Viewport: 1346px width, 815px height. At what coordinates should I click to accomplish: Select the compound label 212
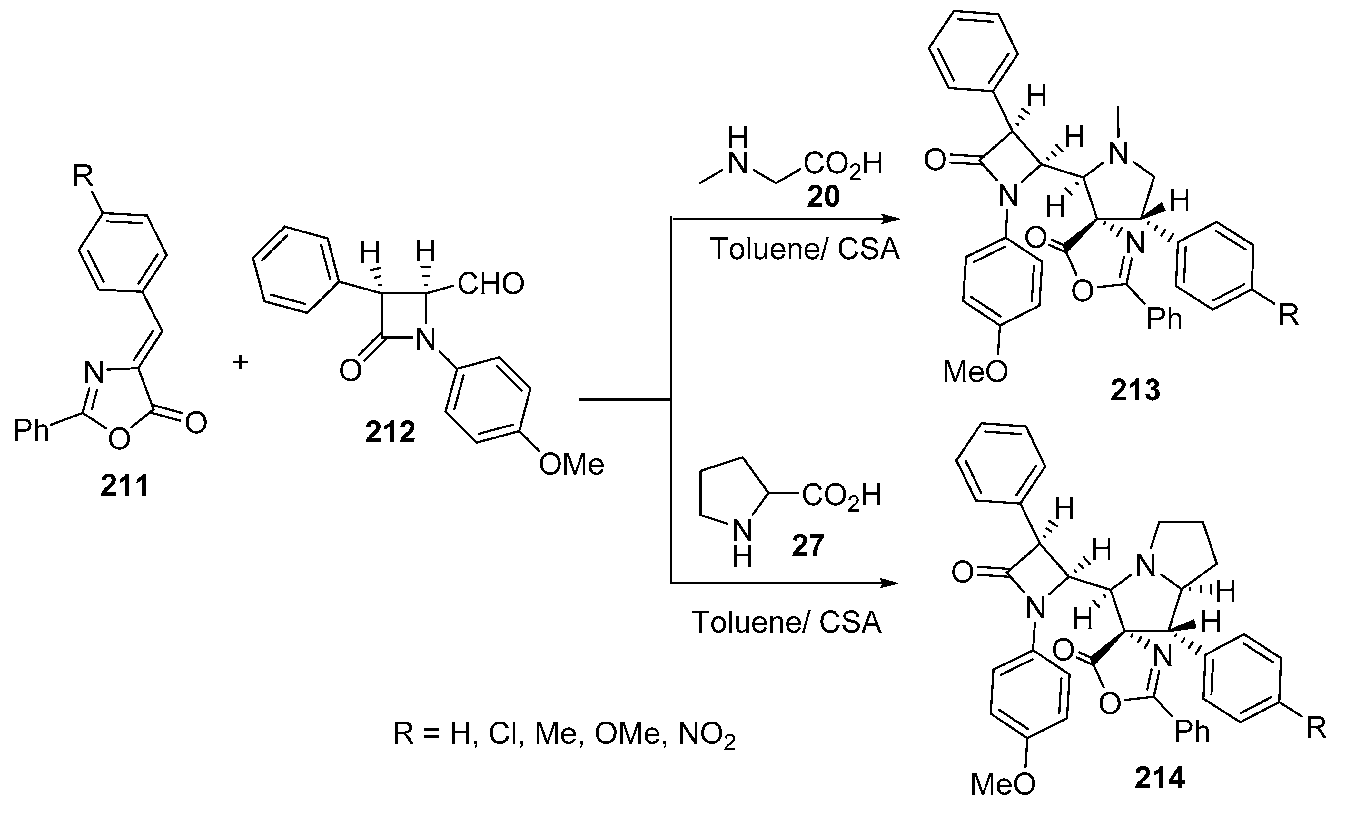tap(390, 432)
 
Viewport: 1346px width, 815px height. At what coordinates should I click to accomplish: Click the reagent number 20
tap(823, 197)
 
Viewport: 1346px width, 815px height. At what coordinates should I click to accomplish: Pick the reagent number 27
tap(807, 546)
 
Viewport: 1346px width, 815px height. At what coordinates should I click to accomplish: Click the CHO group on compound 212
tap(490, 283)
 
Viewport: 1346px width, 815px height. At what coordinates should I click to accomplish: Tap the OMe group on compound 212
tap(571, 464)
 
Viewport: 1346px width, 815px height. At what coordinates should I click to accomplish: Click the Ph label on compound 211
tap(31, 430)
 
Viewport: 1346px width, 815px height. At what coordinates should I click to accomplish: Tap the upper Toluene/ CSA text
tap(804, 249)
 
